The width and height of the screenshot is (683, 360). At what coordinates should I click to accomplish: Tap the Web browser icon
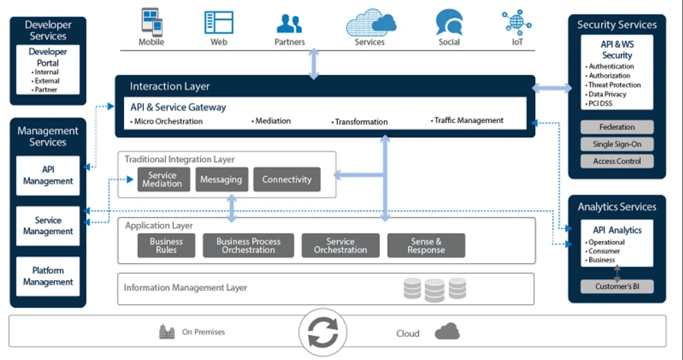(x=219, y=23)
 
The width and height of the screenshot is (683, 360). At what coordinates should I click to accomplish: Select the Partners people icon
(x=289, y=23)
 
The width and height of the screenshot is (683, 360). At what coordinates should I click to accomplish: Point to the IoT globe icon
(x=517, y=22)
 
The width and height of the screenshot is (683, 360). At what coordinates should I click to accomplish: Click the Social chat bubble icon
(x=449, y=22)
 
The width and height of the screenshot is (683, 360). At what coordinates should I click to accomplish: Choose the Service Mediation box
(x=164, y=180)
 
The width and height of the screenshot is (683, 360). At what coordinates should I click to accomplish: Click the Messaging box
(x=222, y=180)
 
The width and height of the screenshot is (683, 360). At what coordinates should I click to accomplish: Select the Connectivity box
(x=287, y=180)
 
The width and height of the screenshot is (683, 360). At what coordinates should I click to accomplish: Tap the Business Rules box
(x=166, y=246)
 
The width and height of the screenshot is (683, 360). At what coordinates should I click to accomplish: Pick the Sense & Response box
(x=426, y=246)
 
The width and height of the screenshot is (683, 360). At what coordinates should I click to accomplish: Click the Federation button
(x=617, y=127)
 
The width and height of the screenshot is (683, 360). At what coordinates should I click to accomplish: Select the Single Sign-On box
(x=617, y=144)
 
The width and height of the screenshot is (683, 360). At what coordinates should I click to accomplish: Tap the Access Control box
(x=617, y=161)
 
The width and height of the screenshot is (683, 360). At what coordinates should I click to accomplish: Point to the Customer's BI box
(x=617, y=286)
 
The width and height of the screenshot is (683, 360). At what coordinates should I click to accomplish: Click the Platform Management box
(x=48, y=276)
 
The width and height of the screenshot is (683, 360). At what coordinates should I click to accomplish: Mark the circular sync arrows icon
(x=323, y=333)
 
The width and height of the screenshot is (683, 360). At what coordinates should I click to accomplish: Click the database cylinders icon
(x=435, y=289)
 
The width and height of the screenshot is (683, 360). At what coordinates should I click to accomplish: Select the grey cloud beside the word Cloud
(x=448, y=331)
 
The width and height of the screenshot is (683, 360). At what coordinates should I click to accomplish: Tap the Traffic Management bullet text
(x=467, y=120)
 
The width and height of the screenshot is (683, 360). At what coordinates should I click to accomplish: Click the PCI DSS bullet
(x=599, y=104)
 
